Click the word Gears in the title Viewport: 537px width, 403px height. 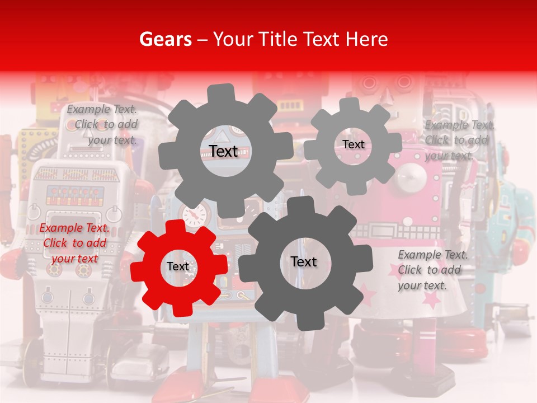(163, 39)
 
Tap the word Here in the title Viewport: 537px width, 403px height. (367, 39)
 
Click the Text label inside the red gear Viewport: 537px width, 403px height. (178, 267)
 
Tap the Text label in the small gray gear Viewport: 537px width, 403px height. (353, 144)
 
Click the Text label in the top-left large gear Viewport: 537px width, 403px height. (223, 151)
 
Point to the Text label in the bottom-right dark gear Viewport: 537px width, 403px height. (303, 261)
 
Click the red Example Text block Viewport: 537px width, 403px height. (74, 243)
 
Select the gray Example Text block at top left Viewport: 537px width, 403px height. (102, 124)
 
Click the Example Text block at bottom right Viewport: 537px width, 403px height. (432, 270)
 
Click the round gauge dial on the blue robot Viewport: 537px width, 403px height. (194, 215)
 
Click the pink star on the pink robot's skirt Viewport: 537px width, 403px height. (431, 301)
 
